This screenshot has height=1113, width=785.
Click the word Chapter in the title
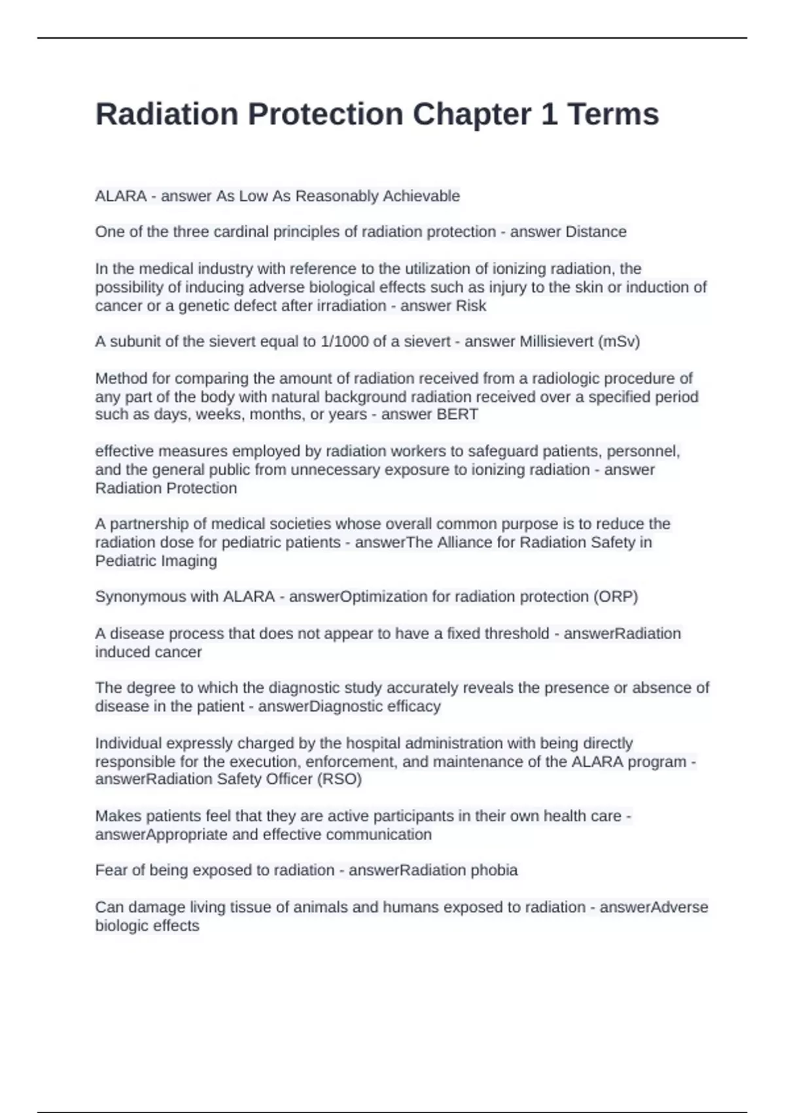[x=471, y=115]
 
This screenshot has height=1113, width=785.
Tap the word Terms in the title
[x=613, y=115]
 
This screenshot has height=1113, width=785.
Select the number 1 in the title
[x=549, y=115]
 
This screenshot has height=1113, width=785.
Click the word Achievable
[x=421, y=196]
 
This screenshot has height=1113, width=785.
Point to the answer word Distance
[x=595, y=232]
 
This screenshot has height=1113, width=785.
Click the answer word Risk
[x=472, y=306]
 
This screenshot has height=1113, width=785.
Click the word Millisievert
[x=556, y=342]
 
